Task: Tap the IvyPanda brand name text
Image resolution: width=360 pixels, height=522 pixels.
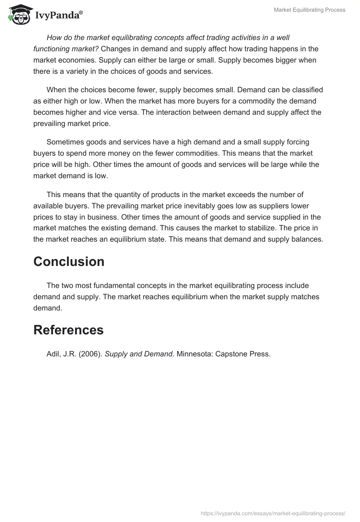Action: pyautogui.click(x=58, y=15)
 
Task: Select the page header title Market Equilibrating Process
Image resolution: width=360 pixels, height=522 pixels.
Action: pyautogui.click(x=310, y=10)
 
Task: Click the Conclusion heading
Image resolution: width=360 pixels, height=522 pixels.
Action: pyautogui.click(x=69, y=261)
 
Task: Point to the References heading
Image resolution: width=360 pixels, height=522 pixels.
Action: pyautogui.click(x=68, y=330)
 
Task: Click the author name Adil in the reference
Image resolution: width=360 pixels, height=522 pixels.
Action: pyautogui.click(x=54, y=354)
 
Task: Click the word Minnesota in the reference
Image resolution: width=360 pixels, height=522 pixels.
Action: pyautogui.click(x=193, y=354)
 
